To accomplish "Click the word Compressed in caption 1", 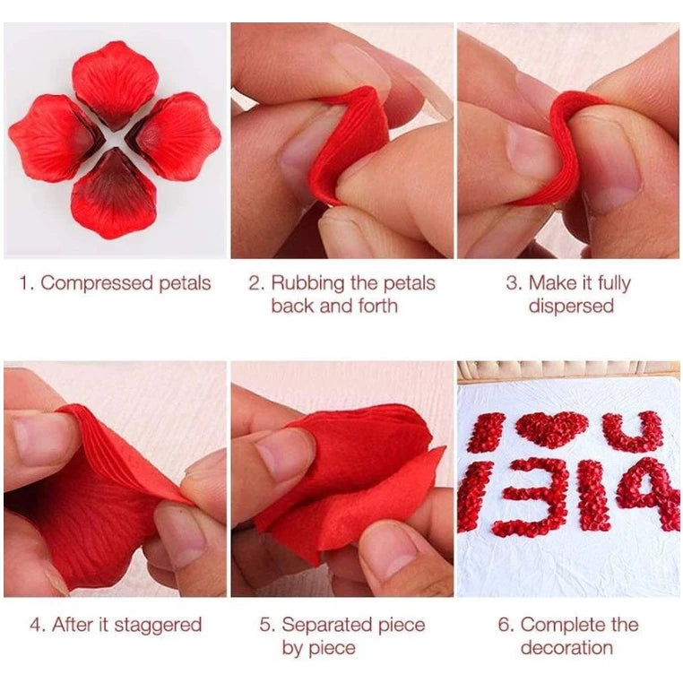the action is click(97, 284).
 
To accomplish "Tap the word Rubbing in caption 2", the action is click(307, 283).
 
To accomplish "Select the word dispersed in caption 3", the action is click(571, 307).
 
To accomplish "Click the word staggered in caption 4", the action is click(158, 626).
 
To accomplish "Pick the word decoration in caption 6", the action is click(566, 648).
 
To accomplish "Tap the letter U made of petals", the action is click(634, 431).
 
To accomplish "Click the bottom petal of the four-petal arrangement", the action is click(114, 194).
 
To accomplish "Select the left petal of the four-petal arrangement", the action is click(55, 138).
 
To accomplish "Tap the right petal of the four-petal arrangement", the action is click(174, 136).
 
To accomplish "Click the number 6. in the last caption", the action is click(506, 625).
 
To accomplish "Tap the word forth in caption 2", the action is click(377, 306).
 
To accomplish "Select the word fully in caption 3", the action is click(614, 284).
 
